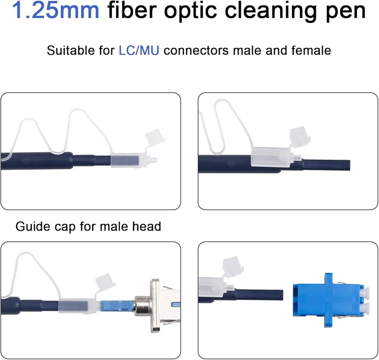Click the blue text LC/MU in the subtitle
click(x=139, y=50)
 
